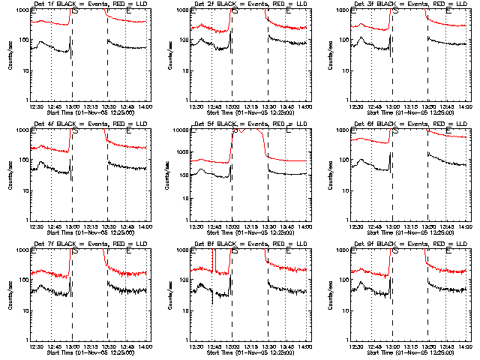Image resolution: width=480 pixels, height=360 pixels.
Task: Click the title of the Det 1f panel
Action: [x=90, y=4]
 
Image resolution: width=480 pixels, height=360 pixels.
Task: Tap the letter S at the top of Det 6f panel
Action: [x=396, y=130]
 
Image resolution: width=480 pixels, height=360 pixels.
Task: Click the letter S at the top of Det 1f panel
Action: [x=75, y=10]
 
